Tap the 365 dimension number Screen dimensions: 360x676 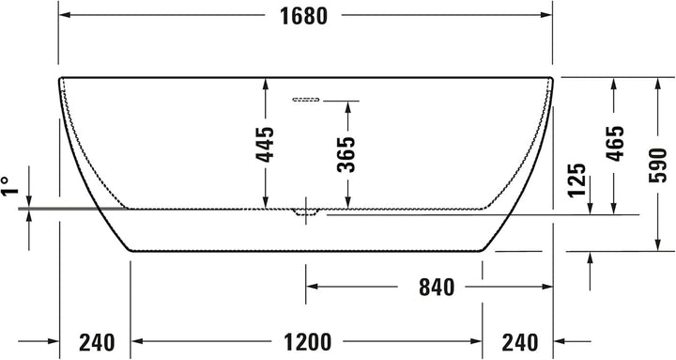click(347, 153)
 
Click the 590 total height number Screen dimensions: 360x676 click(659, 165)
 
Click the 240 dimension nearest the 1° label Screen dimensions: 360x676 click(98, 342)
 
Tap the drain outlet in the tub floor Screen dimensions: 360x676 click(305, 212)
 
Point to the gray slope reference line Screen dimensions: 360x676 click(56, 205)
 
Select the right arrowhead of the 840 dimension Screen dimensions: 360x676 click(545, 286)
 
